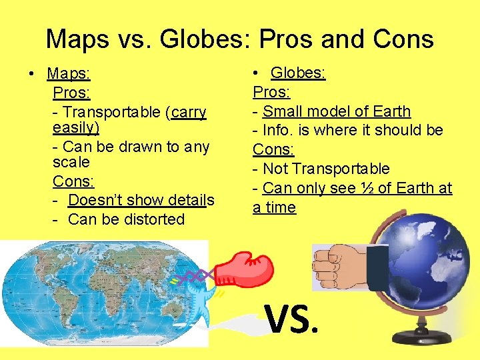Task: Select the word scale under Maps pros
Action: click(71, 162)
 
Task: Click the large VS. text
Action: click(293, 319)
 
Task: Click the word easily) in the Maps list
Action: click(75, 127)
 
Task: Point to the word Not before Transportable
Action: click(276, 169)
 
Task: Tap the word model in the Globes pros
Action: click(333, 111)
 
